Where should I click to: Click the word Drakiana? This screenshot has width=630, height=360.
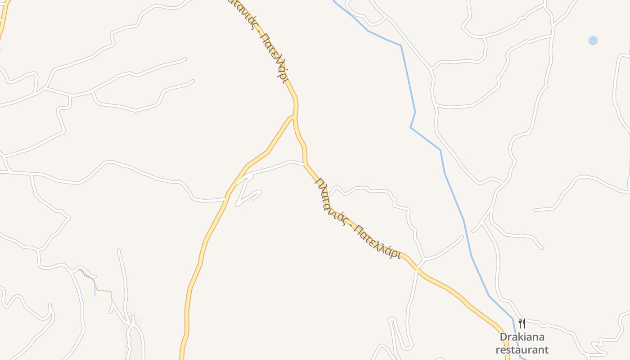(x=522, y=337)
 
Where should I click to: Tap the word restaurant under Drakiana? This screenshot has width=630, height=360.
(x=522, y=350)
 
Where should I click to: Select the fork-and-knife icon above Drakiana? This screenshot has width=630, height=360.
(x=522, y=323)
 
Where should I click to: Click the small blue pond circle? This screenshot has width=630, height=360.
(x=593, y=40)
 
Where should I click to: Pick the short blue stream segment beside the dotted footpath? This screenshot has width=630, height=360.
(x=95, y=288)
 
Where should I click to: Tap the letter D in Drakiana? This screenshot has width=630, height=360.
(x=503, y=337)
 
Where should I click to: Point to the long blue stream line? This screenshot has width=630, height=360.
(x=454, y=198)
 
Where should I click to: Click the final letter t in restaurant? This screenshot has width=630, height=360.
(x=546, y=350)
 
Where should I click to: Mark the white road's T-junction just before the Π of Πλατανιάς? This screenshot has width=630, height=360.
(x=305, y=164)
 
